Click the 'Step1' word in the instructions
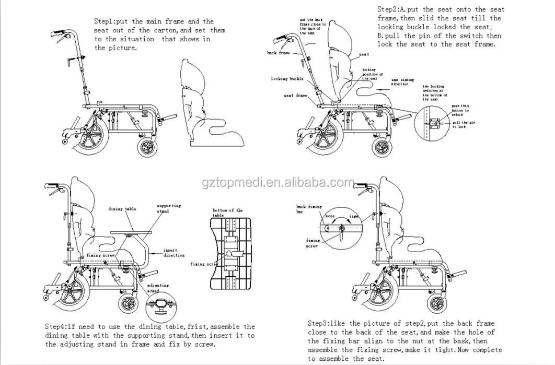pyautogui.click(x=105, y=21)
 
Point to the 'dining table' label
pyautogui.click(x=122, y=209)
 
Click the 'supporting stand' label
pyautogui.click(x=169, y=209)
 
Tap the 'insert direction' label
pyautogui.click(x=174, y=253)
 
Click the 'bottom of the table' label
pyautogui.click(x=227, y=213)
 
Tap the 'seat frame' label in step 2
pyautogui.click(x=295, y=96)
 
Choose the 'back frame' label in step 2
pyautogui.click(x=279, y=53)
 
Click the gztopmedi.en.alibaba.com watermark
pyautogui.click(x=277, y=183)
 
